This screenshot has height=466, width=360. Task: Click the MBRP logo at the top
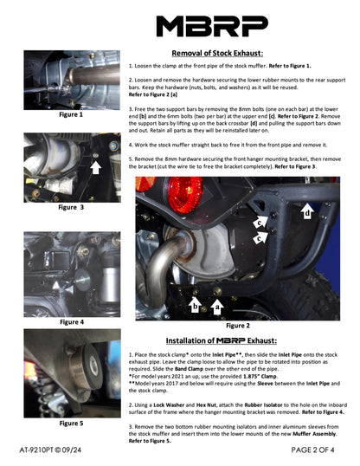[x=180, y=23]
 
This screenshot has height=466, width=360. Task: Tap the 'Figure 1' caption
[x=71, y=113]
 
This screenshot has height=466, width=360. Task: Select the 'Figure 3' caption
[x=71, y=208]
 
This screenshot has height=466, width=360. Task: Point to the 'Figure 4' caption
[x=71, y=321]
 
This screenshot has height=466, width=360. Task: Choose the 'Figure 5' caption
[x=71, y=424]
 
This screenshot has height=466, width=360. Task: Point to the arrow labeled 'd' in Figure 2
[x=306, y=210]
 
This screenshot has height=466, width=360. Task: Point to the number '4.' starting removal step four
[x=132, y=142]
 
